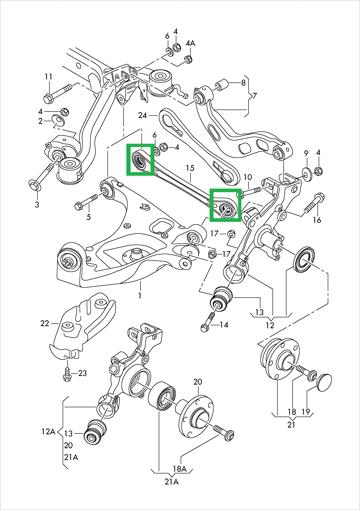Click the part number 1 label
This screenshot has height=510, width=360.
pos(140,295)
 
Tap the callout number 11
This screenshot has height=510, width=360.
pos(49,77)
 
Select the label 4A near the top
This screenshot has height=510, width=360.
pos(190,43)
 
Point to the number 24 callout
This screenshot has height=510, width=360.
pos(143,115)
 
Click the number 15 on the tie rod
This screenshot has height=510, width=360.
pos(190,168)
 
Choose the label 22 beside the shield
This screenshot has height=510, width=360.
pos(45,323)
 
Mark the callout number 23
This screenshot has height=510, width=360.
pos(82,373)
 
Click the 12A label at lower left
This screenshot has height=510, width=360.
pos(48,432)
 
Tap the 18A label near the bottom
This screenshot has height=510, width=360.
pos(179,469)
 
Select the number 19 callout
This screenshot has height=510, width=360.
pos(306,412)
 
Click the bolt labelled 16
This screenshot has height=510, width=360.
pos(314,202)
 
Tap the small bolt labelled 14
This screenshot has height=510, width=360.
pos(208,322)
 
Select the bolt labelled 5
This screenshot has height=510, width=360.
pos(86,202)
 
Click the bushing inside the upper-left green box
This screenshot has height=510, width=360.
pos(139,160)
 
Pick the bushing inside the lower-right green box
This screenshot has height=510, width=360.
pos(227,208)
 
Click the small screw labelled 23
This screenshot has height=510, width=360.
pos(66,374)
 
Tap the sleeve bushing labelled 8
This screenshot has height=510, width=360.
pos(221,85)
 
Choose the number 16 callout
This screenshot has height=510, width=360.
pos(317,220)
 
